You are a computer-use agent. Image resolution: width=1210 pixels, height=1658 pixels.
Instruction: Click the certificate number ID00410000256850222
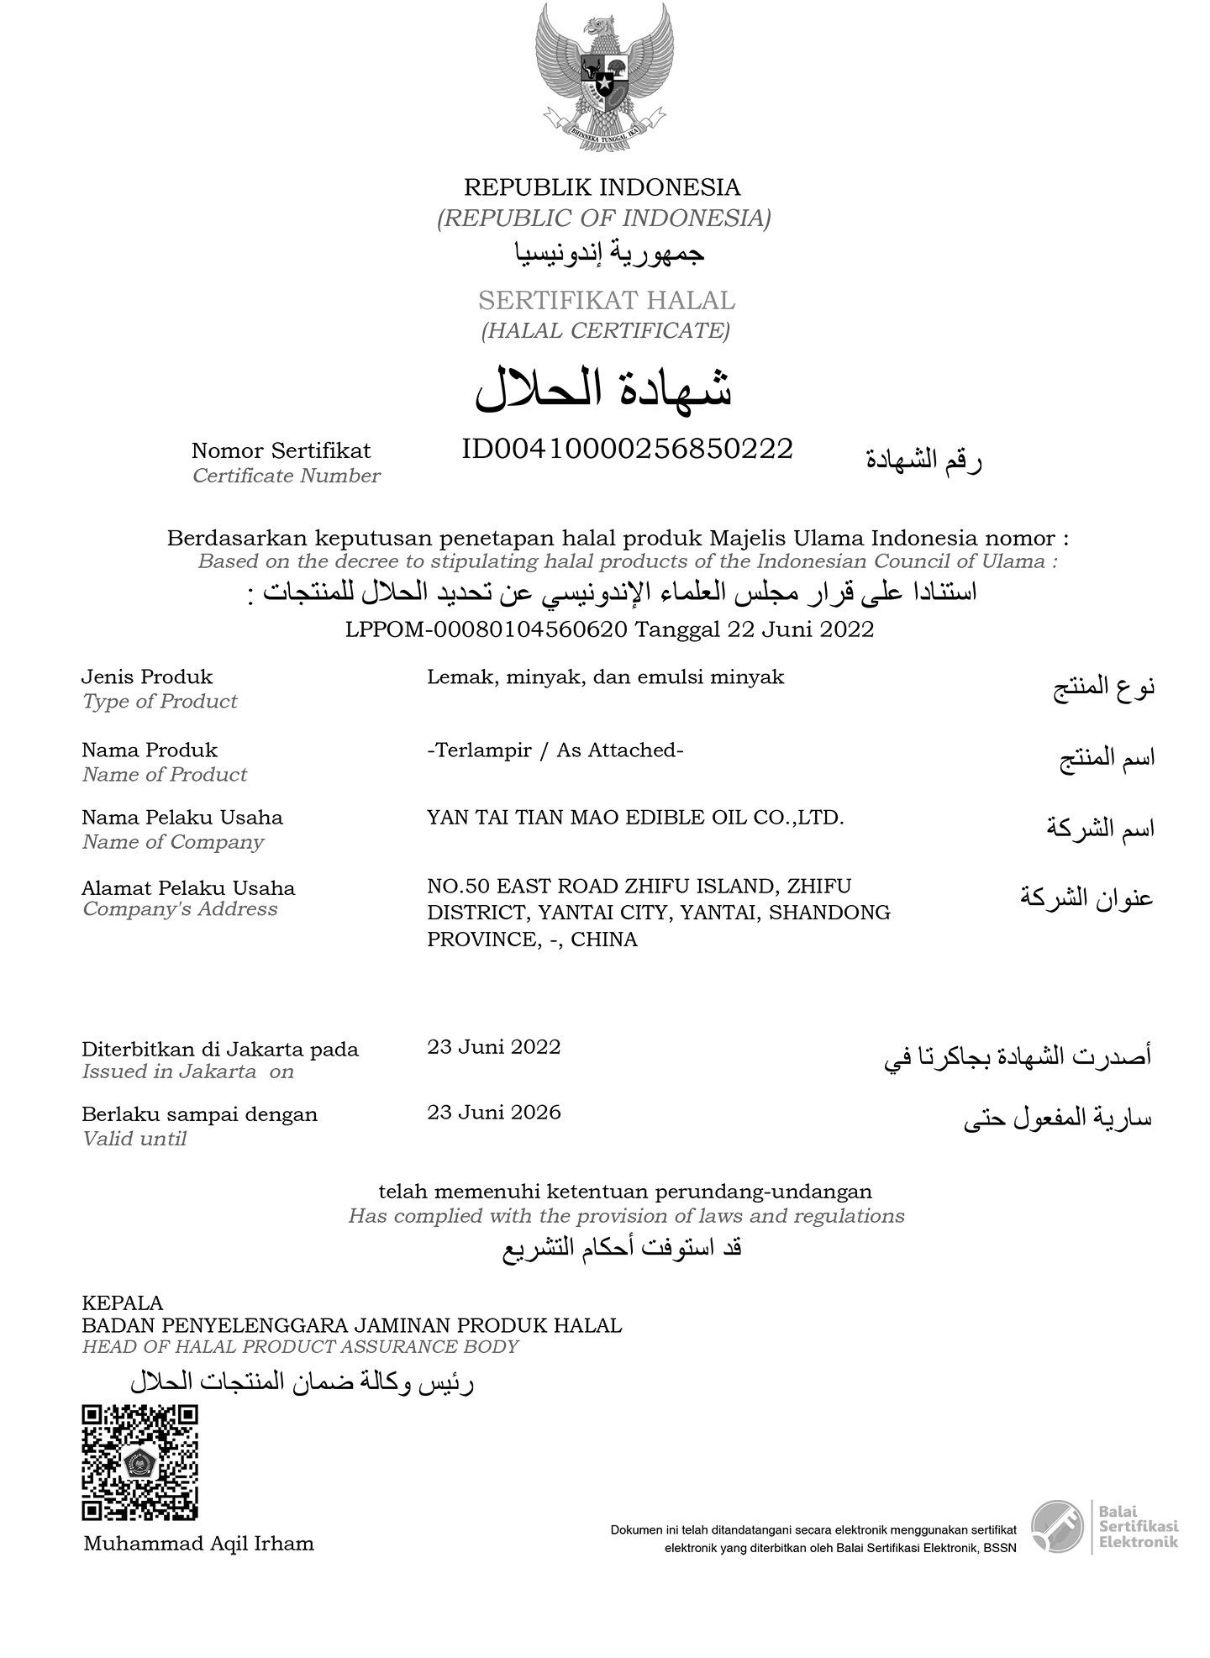(627, 450)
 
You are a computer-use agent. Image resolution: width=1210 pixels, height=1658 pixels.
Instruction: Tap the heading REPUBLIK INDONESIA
(602, 187)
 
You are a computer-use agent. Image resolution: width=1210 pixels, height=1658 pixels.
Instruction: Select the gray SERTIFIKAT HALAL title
(606, 300)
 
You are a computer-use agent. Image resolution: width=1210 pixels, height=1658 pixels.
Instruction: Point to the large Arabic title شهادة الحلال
(603, 388)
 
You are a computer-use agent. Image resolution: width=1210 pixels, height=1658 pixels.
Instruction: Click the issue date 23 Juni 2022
(493, 1047)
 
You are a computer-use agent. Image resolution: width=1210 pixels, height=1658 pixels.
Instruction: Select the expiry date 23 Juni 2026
(493, 1113)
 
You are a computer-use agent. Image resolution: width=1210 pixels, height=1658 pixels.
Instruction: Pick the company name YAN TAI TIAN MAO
(634, 818)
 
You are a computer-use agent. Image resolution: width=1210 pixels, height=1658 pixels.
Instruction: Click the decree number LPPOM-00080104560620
(486, 629)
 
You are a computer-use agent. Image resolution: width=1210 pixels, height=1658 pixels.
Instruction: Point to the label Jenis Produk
(147, 677)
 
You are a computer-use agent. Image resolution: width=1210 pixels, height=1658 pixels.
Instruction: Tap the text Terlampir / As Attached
(555, 750)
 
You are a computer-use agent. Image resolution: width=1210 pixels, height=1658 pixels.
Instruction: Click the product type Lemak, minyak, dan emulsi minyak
(605, 677)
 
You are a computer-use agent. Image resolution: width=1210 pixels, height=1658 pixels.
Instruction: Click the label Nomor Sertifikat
(281, 451)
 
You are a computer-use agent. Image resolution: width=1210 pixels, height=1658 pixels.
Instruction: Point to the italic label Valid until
(134, 1140)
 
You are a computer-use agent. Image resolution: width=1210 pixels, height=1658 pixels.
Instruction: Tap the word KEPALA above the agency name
(123, 1303)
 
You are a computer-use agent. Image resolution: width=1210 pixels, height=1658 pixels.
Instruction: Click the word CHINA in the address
(603, 940)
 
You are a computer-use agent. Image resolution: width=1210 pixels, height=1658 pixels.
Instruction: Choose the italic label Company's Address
(180, 909)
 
